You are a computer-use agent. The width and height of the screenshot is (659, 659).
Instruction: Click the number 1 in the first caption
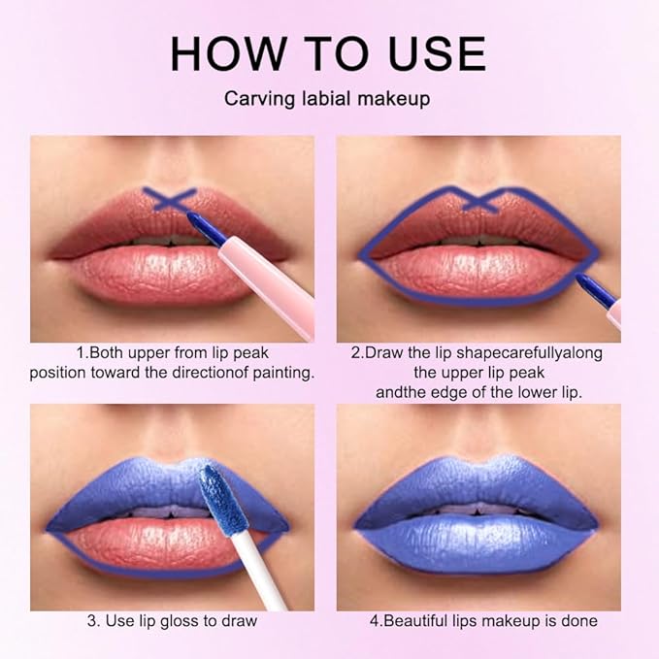[81, 353]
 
